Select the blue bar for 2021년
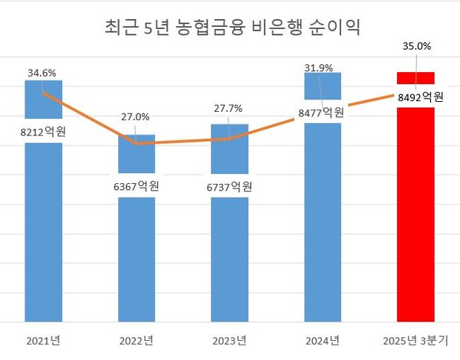point(43,230)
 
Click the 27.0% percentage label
point(136,117)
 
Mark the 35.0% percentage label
point(416,47)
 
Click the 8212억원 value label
point(43,133)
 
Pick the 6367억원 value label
point(137,186)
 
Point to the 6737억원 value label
point(231,186)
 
